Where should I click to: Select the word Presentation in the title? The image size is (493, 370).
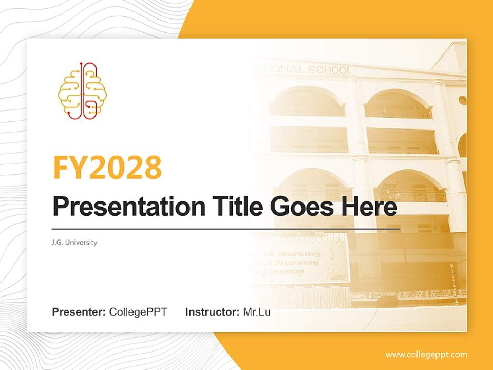coord(122,207)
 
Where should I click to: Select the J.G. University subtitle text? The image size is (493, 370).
coord(74,242)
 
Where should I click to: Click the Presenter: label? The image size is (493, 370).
coord(79,312)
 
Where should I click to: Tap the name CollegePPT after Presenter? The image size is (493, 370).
coord(138,312)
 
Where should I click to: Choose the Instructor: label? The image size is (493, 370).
coord(212,312)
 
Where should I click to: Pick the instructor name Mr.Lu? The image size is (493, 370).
coord(257,312)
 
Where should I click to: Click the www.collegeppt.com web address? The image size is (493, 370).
coord(426,355)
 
